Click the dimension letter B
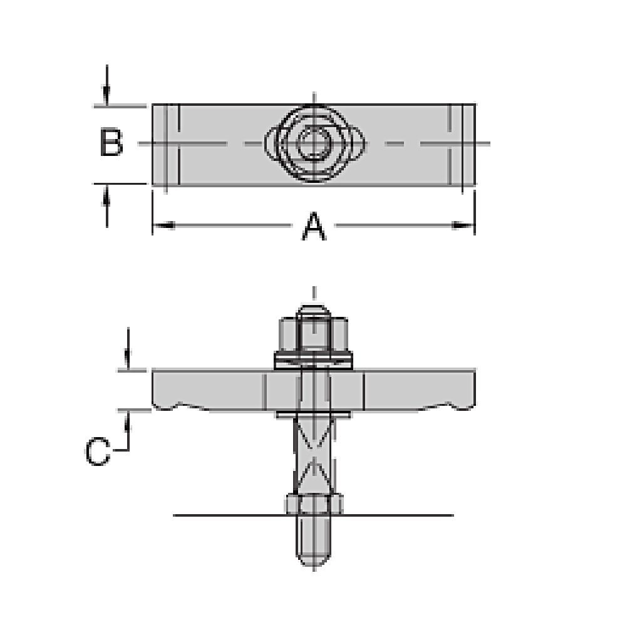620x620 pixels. (111, 143)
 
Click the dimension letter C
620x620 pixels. (98, 452)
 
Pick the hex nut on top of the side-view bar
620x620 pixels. (313, 335)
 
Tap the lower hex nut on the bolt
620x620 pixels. (313, 502)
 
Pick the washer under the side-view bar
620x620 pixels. (313, 415)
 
